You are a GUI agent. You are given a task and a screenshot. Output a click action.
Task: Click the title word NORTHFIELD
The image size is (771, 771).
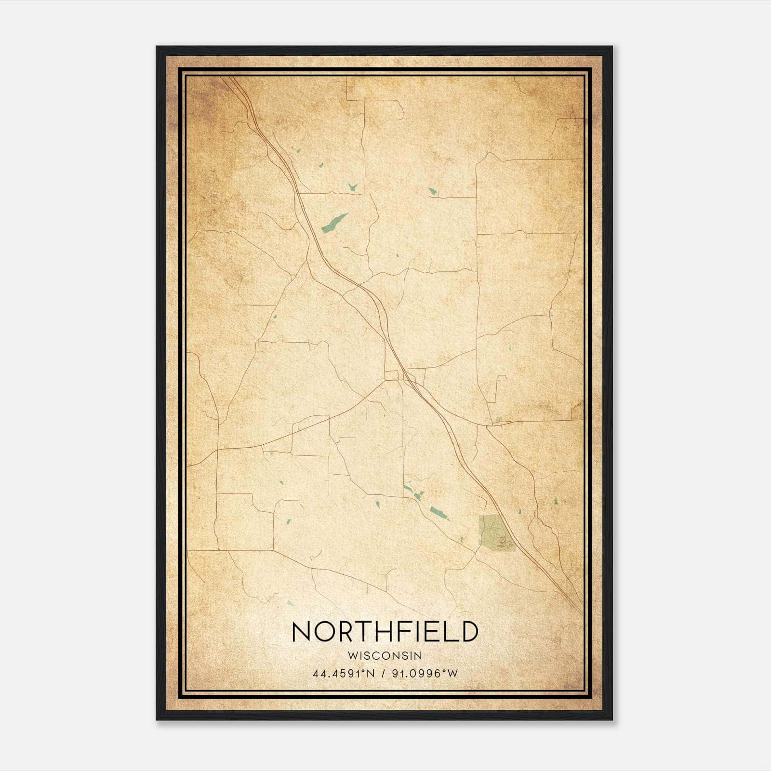coord(385,631)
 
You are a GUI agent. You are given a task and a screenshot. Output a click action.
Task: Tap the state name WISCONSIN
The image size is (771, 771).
coord(385,656)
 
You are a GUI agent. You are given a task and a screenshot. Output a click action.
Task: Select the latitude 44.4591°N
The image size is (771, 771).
coord(344,674)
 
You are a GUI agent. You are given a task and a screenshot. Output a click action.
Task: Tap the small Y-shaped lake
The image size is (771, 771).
coord(353,186)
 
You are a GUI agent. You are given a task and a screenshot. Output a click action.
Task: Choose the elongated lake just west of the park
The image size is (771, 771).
coord(439,513)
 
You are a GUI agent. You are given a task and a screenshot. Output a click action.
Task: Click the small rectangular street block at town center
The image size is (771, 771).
coord(392,375)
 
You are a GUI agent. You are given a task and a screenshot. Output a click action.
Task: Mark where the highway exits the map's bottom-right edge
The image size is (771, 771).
coord(580,609)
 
